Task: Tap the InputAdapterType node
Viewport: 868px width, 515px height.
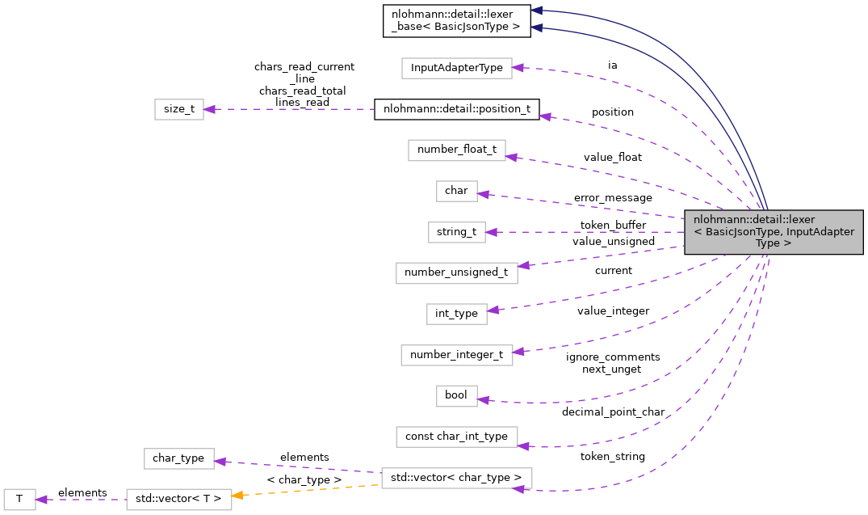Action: coord(457,68)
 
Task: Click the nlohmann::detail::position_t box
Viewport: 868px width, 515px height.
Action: coord(456,109)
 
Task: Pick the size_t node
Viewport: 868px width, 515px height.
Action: coord(179,109)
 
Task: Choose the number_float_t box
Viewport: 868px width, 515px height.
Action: coord(457,150)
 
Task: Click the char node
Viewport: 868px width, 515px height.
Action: coord(456,191)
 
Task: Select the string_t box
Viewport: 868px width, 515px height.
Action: coord(456,232)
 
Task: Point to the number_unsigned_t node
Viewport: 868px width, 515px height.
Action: coord(456,272)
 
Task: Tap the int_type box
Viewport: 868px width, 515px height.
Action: coord(456,314)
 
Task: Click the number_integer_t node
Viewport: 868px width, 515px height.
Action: coord(456,354)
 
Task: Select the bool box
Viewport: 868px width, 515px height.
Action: coord(456,395)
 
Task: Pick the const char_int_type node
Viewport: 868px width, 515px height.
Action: coord(456,437)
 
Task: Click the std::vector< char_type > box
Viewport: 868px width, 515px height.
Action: coord(456,477)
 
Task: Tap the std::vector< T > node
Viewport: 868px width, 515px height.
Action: coord(178,499)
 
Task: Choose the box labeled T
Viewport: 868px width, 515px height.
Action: coord(18,499)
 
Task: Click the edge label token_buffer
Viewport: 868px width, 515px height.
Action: coord(612,226)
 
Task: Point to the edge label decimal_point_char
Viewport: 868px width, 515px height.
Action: coord(613,412)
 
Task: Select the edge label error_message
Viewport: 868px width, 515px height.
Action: coord(612,197)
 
